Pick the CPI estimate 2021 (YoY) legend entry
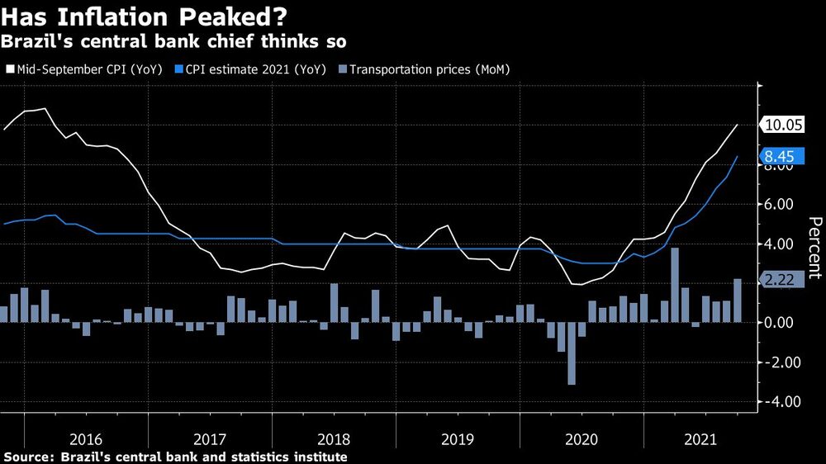251,69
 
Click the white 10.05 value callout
781,125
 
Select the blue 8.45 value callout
781,155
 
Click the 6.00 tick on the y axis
780,205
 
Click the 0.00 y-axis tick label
780,323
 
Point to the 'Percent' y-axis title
813,248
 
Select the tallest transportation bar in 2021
675,285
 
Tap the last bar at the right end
737,301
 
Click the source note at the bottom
175,457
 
